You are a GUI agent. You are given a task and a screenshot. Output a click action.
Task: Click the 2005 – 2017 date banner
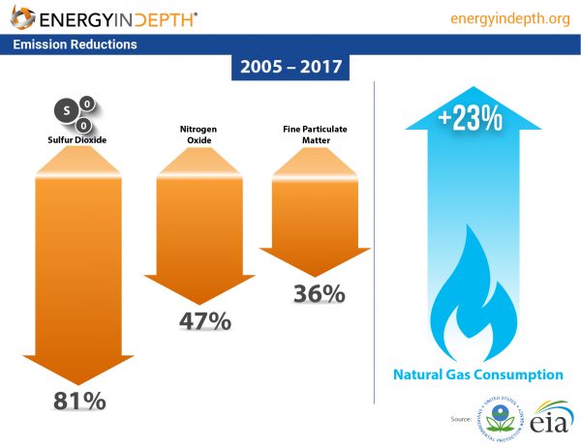tap(288, 70)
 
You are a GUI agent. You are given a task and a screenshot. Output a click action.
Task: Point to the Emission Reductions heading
tap(76, 45)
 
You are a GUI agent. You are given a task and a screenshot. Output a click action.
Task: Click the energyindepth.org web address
tap(510, 18)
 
